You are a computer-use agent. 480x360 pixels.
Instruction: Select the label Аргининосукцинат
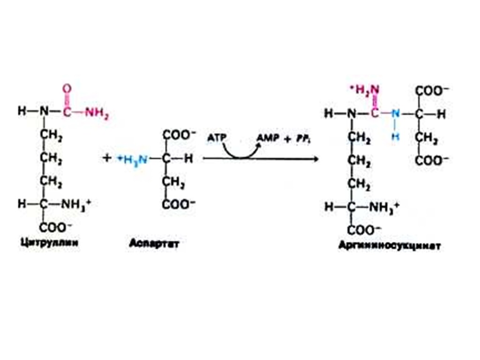pos(389,246)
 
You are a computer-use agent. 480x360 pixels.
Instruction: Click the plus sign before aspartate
pos(107,158)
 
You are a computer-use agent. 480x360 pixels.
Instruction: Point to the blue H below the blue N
pos(396,136)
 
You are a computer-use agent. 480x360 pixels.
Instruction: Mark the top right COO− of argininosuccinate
pos(431,91)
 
